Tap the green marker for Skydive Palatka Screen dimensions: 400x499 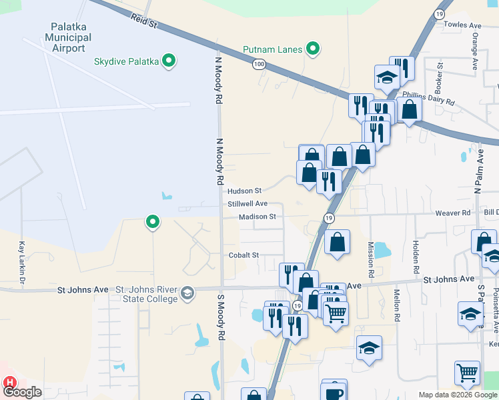(x=169, y=61)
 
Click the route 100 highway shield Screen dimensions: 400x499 (x=259, y=64)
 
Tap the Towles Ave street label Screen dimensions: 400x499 (x=466, y=25)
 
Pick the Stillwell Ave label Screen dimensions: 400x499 (x=247, y=203)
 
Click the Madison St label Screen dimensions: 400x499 (x=258, y=217)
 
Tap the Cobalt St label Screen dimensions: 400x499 (x=243, y=255)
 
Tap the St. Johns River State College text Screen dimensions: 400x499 (x=147, y=295)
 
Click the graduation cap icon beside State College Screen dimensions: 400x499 (x=187, y=292)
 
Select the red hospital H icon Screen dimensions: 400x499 (x=10, y=383)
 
